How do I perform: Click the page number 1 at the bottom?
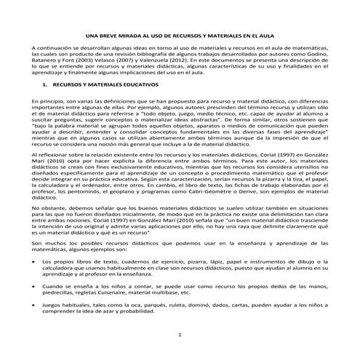[180, 334]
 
